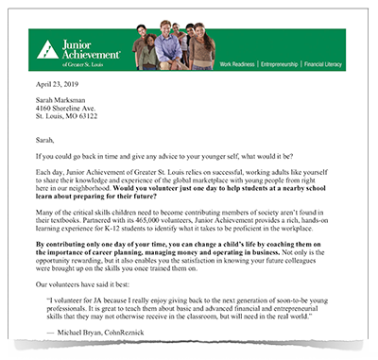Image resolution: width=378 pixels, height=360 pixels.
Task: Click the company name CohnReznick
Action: coord(142,334)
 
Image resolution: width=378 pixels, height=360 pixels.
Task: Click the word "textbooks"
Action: coord(69,226)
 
